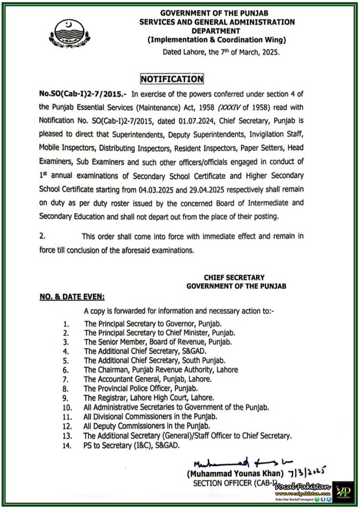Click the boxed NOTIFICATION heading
[172, 79]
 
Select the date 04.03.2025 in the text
[156, 190]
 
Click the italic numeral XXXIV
[229, 108]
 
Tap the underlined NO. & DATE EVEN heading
[72, 297]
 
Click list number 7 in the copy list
[66, 380]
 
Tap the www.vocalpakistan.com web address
[303, 494]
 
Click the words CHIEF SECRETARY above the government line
[234, 277]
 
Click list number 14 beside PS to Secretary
[67, 445]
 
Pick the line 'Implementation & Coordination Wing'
[217, 40]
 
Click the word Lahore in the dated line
[193, 52]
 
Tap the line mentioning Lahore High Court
[149, 398]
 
